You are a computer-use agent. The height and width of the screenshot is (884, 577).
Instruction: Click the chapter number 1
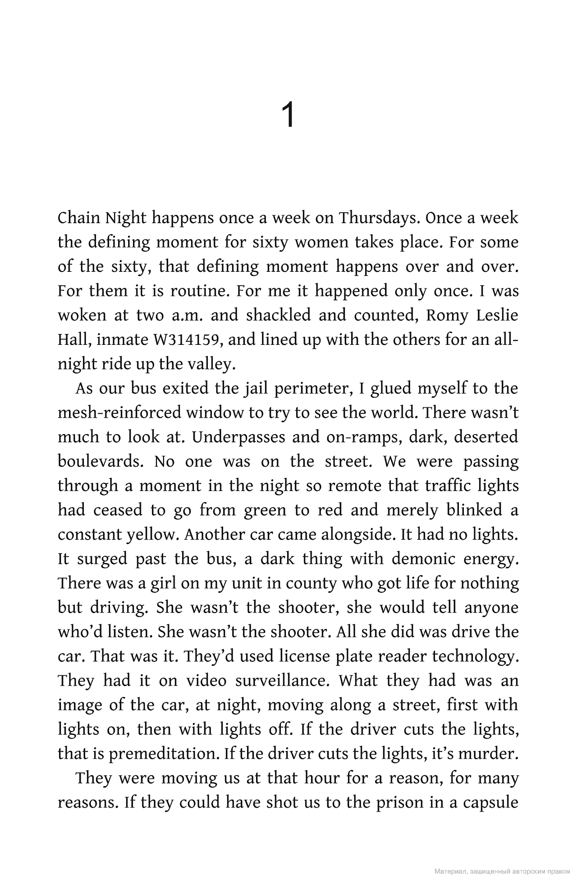[288, 115]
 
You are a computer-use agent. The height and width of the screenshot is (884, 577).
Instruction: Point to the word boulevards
[101, 462]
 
